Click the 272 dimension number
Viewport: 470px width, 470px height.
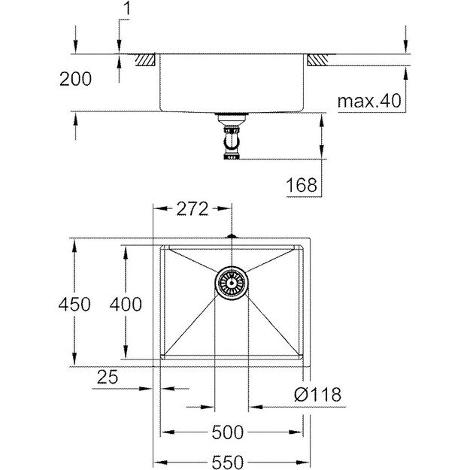[191, 211]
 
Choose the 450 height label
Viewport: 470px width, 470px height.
[74, 305]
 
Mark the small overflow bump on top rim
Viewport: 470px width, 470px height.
[232, 236]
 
